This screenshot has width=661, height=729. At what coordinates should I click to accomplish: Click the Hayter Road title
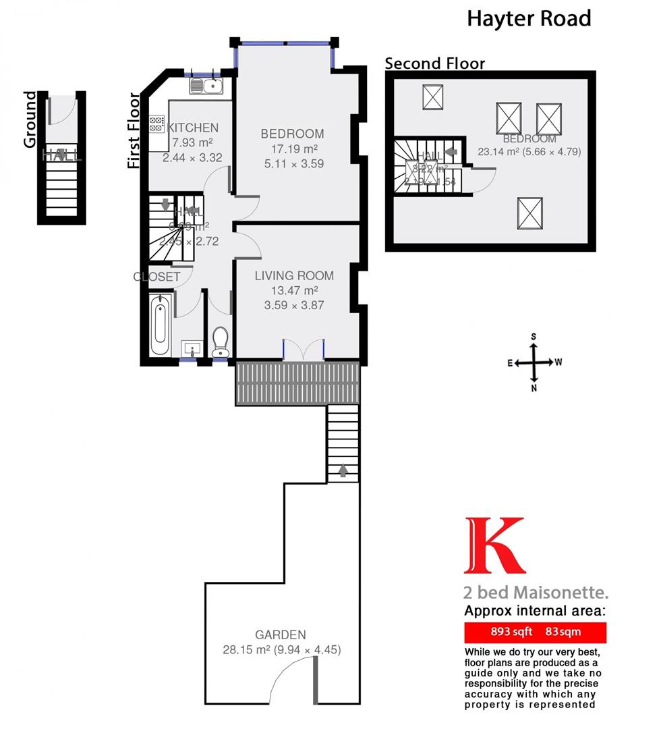pos(529,18)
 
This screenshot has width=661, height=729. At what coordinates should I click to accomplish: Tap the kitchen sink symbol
pos(206,85)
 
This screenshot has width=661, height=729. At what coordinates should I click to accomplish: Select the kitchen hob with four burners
pos(156,124)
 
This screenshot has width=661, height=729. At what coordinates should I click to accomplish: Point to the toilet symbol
pos(220,343)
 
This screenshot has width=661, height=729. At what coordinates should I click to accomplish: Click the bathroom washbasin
pos(192,350)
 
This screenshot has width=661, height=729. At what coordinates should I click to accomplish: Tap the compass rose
pos(534,362)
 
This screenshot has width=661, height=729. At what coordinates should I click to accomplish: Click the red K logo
pos(494,545)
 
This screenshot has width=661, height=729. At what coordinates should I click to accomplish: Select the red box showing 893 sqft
pos(536,632)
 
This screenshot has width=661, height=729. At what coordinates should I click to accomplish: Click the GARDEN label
pos(281,634)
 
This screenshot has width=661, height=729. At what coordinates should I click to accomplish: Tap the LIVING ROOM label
pos(294,275)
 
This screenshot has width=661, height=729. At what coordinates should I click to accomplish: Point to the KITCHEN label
pos(193,128)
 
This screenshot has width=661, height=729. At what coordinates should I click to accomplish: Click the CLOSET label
pos(156,277)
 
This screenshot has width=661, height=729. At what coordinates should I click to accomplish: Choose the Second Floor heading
pos(434,63)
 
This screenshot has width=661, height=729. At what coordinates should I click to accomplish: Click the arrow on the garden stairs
pos(343,470)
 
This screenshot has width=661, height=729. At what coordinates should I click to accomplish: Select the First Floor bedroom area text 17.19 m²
pos(292,148)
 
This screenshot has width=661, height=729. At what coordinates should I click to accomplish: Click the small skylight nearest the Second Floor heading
pos(432,97)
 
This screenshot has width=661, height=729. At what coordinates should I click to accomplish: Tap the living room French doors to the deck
pos(303,350)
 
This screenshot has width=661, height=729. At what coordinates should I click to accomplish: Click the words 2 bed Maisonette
pos(536,593)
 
